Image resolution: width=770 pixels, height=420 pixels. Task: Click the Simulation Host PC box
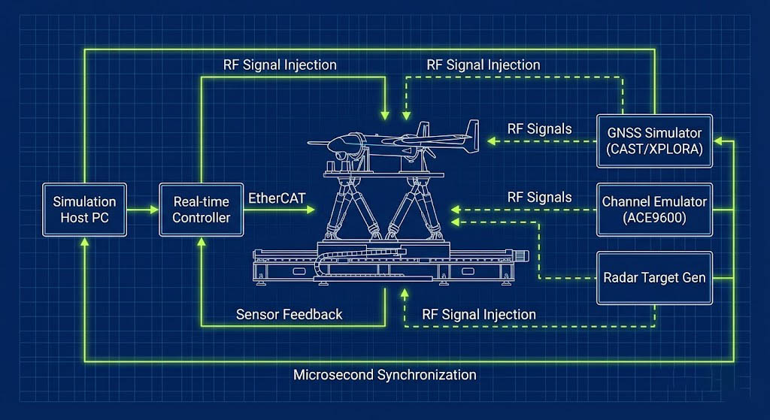pyautogui.click(x=84, y=210)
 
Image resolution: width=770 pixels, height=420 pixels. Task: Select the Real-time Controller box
pyautogui.click(x=201, y=210)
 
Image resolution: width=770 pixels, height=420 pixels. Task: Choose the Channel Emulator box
pyautogui.click(x=655, y=210)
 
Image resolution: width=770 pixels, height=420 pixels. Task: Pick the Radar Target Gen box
pyautogui.click(x=655, y=277)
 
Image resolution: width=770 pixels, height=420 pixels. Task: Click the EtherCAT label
pyautogui.click(x=274, y=198)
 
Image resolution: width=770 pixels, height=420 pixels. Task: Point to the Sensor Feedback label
pyautogui.click(x=289, y=314)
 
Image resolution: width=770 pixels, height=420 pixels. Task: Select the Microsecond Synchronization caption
pyautogui.click(x=384, y=374)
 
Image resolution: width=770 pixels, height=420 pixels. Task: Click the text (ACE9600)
pyautogui.click(x=655, y=218)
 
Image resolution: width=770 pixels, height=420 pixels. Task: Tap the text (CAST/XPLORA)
pyautogui.click(x=655, y=148)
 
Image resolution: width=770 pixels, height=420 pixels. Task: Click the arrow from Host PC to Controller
pyautogui.click(x=144, y=210)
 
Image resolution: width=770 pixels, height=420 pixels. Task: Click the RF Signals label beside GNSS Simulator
pyautogui.click(x=539, y=128)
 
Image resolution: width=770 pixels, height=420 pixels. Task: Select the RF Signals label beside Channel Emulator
pyautogui.click(x=539, y=197)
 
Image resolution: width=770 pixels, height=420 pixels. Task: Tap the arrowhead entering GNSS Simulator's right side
pyautogui.click(x=719, y=140)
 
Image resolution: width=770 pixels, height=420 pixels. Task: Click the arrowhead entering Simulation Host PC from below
pyautogui.click(x=84, y=243)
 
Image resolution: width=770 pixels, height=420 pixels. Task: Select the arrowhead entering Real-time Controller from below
pyautogui.click(x=201, y=243)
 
